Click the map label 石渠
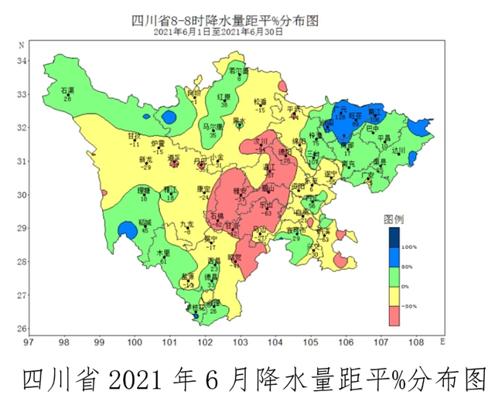pyautogui.click(x=67, y=91)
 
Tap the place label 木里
pyautogui.click(x=163, y=253)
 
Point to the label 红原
pyautogui.click(x=224, y=97)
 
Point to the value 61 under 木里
pyautogui.click(x=163, y=260)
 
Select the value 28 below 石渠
pyautogui.click(x=67, y=99)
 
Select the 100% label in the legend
pyautogui.click(x=410, y=247)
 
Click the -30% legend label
pyautogui.click(x=410, y=306)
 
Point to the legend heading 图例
pyautogui.click(x=394, y=219)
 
